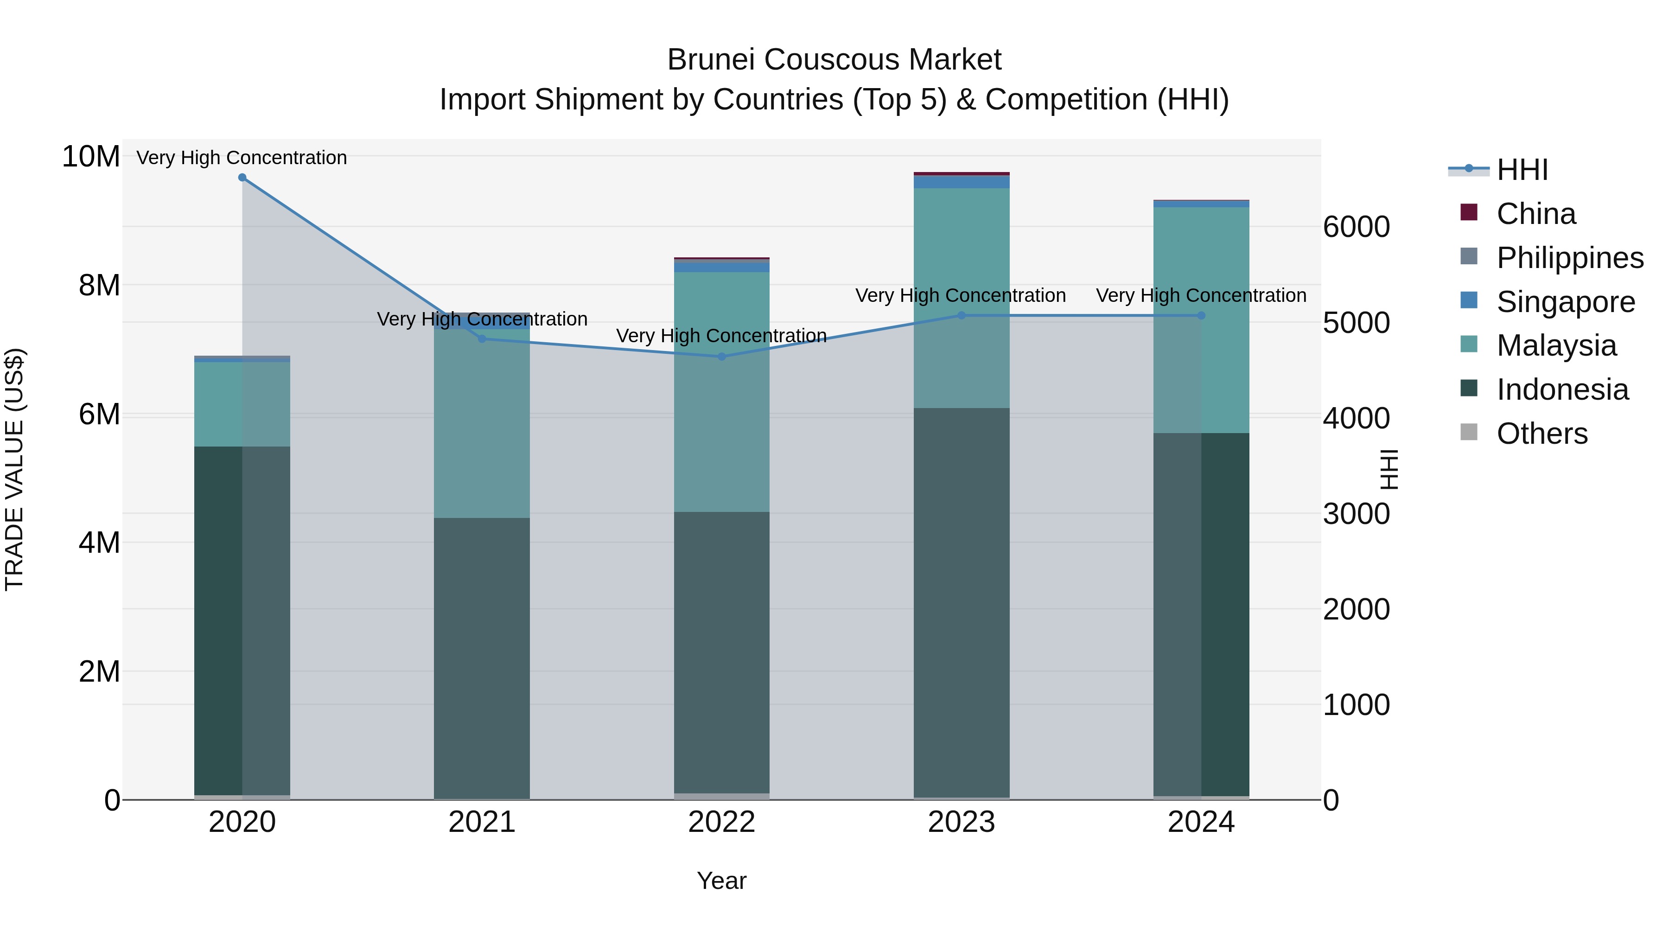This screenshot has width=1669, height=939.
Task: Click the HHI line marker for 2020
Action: pyautogui.click(x=242, y=178)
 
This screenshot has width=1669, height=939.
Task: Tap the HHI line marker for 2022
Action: pyautogui.click(x=722, y=357)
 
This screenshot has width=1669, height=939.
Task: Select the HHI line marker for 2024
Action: pyautogui.click(x=1201, y=316)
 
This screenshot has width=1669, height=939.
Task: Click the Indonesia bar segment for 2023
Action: pyautogui.click(x=962, y=603)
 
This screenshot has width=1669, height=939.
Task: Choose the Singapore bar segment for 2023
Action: pyautogui.click(x=962, y=182)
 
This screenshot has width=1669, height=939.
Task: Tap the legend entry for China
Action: pyautogui.click(x=1535, y=214)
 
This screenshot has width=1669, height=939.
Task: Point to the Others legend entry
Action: pyautogui.click(x=1542, y=434)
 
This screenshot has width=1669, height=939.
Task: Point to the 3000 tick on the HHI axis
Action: pyautogui.click(x=1356, y=514)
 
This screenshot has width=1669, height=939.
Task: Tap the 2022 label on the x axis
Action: pyautogui.click(x=722, y=822)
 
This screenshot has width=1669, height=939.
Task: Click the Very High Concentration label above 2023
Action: pyautogui.click(x=960, y=295)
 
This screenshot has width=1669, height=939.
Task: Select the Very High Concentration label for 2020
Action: pyautogui.click(x=242, y=158)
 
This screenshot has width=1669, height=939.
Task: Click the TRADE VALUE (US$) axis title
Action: pyautogui.click(x=14, y=469)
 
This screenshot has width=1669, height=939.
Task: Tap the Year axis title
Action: pyautogui.click(x=722, y=881)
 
